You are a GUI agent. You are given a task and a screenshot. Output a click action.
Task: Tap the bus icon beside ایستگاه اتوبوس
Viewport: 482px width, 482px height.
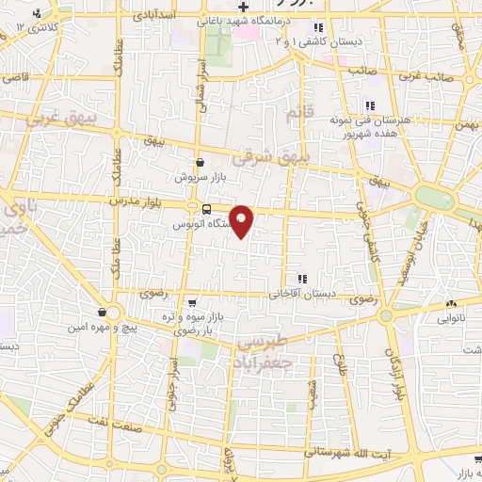click(x=193, y=208)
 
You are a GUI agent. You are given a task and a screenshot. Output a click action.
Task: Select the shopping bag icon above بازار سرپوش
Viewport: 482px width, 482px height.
click(x=200, y=162)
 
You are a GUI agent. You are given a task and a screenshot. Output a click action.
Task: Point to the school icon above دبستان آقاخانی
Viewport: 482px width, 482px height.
click(x=302, y=279)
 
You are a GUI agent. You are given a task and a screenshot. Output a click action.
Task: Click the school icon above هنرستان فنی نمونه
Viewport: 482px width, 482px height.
click(x=370, y=106)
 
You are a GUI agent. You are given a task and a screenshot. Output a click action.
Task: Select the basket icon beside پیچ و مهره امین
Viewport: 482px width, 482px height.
click(x=101, y=312)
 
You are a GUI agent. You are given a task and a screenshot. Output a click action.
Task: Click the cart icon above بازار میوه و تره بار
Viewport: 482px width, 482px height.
click(x=193, y=303)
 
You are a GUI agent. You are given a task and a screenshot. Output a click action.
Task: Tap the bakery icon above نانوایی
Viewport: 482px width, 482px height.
click(x=452, y=303)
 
